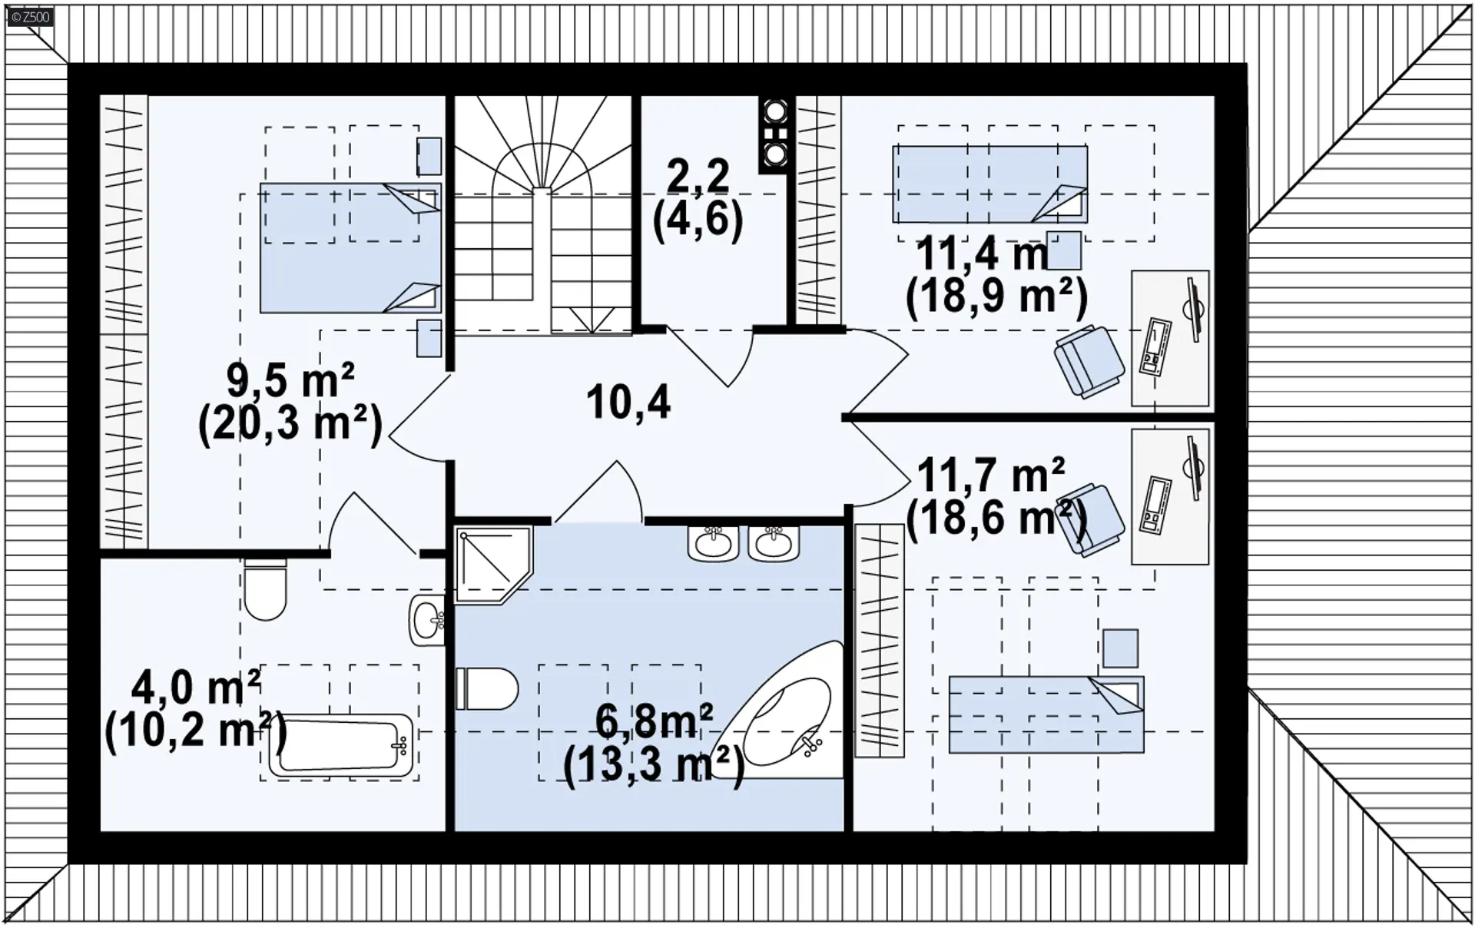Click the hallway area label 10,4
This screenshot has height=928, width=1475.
pyautogui.click(x=628, y=403)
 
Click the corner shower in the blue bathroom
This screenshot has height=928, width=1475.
pyautogui.click(x=492, y=565)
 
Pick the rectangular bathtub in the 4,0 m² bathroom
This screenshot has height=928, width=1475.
pyautogui.click(x=340, y=744)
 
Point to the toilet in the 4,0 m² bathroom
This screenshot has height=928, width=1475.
pyautogui.click(x=265, y=588)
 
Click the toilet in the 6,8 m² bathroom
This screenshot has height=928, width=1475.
pyautogui.click(x=487, y=688)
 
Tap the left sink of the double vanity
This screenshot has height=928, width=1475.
pyautogui.click(x=714, y=543)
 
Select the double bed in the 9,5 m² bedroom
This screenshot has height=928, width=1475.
pyautogui.click(x=350, y=247)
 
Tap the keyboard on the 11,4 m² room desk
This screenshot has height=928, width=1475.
pyautogui.click(x=1155, y=346)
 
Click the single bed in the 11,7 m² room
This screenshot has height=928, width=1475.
pyautogui.click(x=1046, y=714)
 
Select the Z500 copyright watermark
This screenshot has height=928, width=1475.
pyautogui.click(x=30, y=16)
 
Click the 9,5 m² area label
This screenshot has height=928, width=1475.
pyautogui.click(x=290, y=379)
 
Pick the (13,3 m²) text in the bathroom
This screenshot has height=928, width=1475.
pyautogui.click(x=654, y=765)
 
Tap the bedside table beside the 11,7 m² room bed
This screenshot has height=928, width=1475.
pyautogui.click(x=1120, y=648)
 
